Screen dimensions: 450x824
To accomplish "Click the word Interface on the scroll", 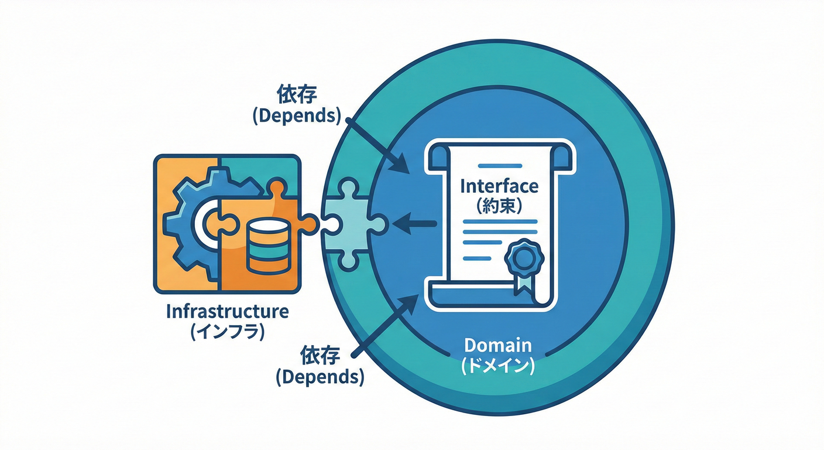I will (499, 186).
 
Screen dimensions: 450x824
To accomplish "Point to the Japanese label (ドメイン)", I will (497, 366).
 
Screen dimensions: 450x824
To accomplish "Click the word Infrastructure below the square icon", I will (227, 311).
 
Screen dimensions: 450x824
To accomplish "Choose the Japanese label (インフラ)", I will (227, 332).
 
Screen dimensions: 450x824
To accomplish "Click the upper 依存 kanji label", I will (297, 94).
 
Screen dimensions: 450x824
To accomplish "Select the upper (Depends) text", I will (297, 115).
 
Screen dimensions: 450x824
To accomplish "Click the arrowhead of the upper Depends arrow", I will (402, 166).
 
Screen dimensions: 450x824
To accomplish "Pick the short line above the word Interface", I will (499, 166).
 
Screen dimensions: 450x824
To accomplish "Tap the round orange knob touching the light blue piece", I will (308, 223).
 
